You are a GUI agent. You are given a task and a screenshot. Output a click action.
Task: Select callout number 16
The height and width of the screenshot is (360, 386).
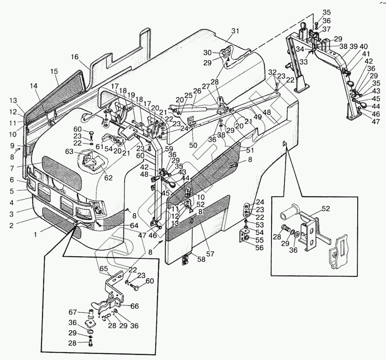click(x=75, y=57)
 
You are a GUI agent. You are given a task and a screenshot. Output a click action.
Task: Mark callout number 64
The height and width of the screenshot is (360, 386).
click(x=134, y=226)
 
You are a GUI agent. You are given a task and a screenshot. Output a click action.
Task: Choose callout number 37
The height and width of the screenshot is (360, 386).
click(x=327, y=29)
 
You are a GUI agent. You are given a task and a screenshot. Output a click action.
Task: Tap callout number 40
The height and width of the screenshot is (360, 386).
click(x=364, y=47)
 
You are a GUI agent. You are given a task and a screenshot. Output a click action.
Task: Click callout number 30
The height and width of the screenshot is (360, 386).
click(x=207, y=53)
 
